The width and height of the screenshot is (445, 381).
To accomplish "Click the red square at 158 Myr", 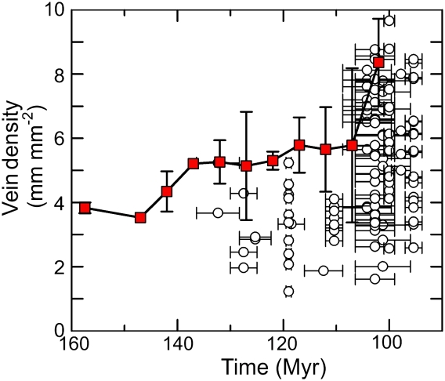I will (85, 208).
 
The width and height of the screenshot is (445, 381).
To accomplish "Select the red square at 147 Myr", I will (140, 217).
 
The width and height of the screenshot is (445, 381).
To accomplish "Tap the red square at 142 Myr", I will (167, 191).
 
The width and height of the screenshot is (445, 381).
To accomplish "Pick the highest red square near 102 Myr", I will (378, 62).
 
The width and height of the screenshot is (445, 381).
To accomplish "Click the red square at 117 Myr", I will (299, 145).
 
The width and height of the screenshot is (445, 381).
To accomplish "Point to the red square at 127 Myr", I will (246, 165).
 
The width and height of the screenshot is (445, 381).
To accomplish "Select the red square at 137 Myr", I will (194, 164).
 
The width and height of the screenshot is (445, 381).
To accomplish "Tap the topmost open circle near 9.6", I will (389, 20).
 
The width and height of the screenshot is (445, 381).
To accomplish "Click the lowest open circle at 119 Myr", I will (288, 292).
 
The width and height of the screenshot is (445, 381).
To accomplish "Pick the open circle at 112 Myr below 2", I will (323, 270).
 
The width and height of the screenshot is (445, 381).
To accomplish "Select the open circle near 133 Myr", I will (218, 212).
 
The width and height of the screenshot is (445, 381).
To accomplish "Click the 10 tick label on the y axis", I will (56, 11).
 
